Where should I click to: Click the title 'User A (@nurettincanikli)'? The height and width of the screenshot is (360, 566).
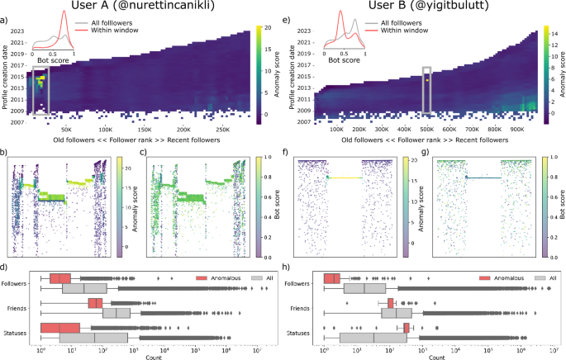146,7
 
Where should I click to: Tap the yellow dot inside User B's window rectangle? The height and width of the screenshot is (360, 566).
426,81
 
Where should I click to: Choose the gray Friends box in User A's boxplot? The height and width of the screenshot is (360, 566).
117,314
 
